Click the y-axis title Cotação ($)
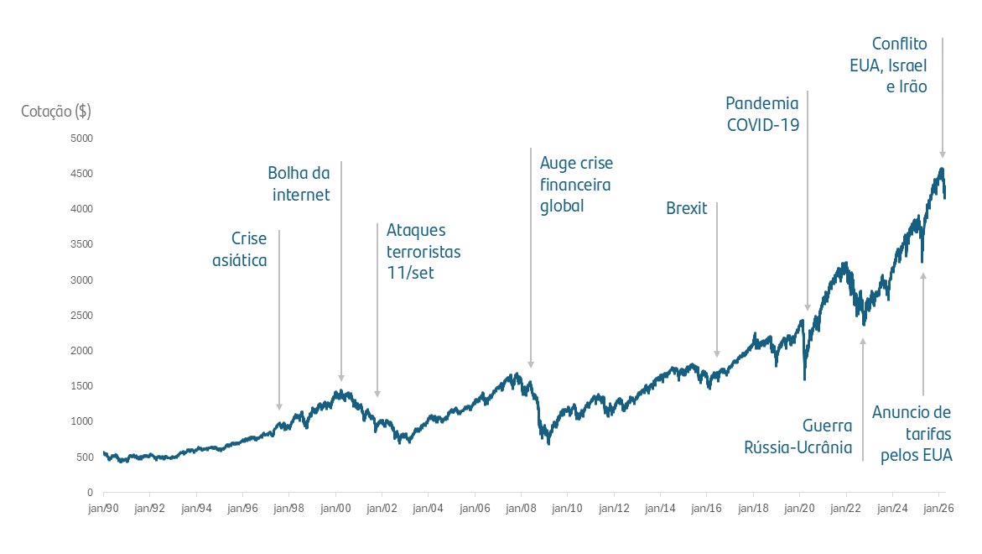[56, 111]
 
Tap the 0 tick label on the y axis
[90, 492]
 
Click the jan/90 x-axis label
[103, 508]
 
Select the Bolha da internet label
[299, 184]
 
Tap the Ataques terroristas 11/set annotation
[423, 251]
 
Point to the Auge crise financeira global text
[575, 184]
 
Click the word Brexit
[687, 208]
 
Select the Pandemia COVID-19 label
[762, 114]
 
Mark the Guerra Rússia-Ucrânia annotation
[798, 436]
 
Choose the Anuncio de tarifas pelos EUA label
[912, 434]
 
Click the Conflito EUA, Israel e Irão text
[899, 65]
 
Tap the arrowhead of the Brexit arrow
[717, 354]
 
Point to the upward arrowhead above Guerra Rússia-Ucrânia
[862, 341]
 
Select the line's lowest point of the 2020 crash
[805, 379]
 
